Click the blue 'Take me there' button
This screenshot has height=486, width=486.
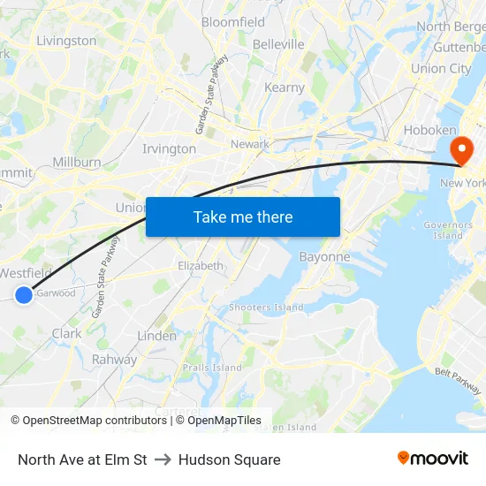[243, 216]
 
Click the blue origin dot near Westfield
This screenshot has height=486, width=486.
[24, 295]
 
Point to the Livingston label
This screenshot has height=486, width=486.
[66, 41]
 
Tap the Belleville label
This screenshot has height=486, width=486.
[278, 44]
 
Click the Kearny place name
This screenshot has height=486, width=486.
[285, 87]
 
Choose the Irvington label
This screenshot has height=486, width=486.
[169, 148]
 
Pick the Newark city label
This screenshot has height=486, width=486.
[249, 144]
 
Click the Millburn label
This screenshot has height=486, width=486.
[77, 163]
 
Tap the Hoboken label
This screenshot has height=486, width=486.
[429, 130]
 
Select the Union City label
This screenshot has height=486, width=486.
[441, 68]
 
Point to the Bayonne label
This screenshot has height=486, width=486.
[325, 257]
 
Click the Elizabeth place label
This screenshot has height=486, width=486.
[201, 265]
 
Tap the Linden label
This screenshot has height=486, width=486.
[156, 336]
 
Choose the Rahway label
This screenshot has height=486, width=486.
[115, 360]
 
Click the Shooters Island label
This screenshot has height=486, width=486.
[266, 308]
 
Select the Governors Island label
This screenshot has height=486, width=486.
[448, 230]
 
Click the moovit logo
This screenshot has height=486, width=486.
[433, 459]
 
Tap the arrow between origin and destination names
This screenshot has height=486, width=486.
[163, 459]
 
